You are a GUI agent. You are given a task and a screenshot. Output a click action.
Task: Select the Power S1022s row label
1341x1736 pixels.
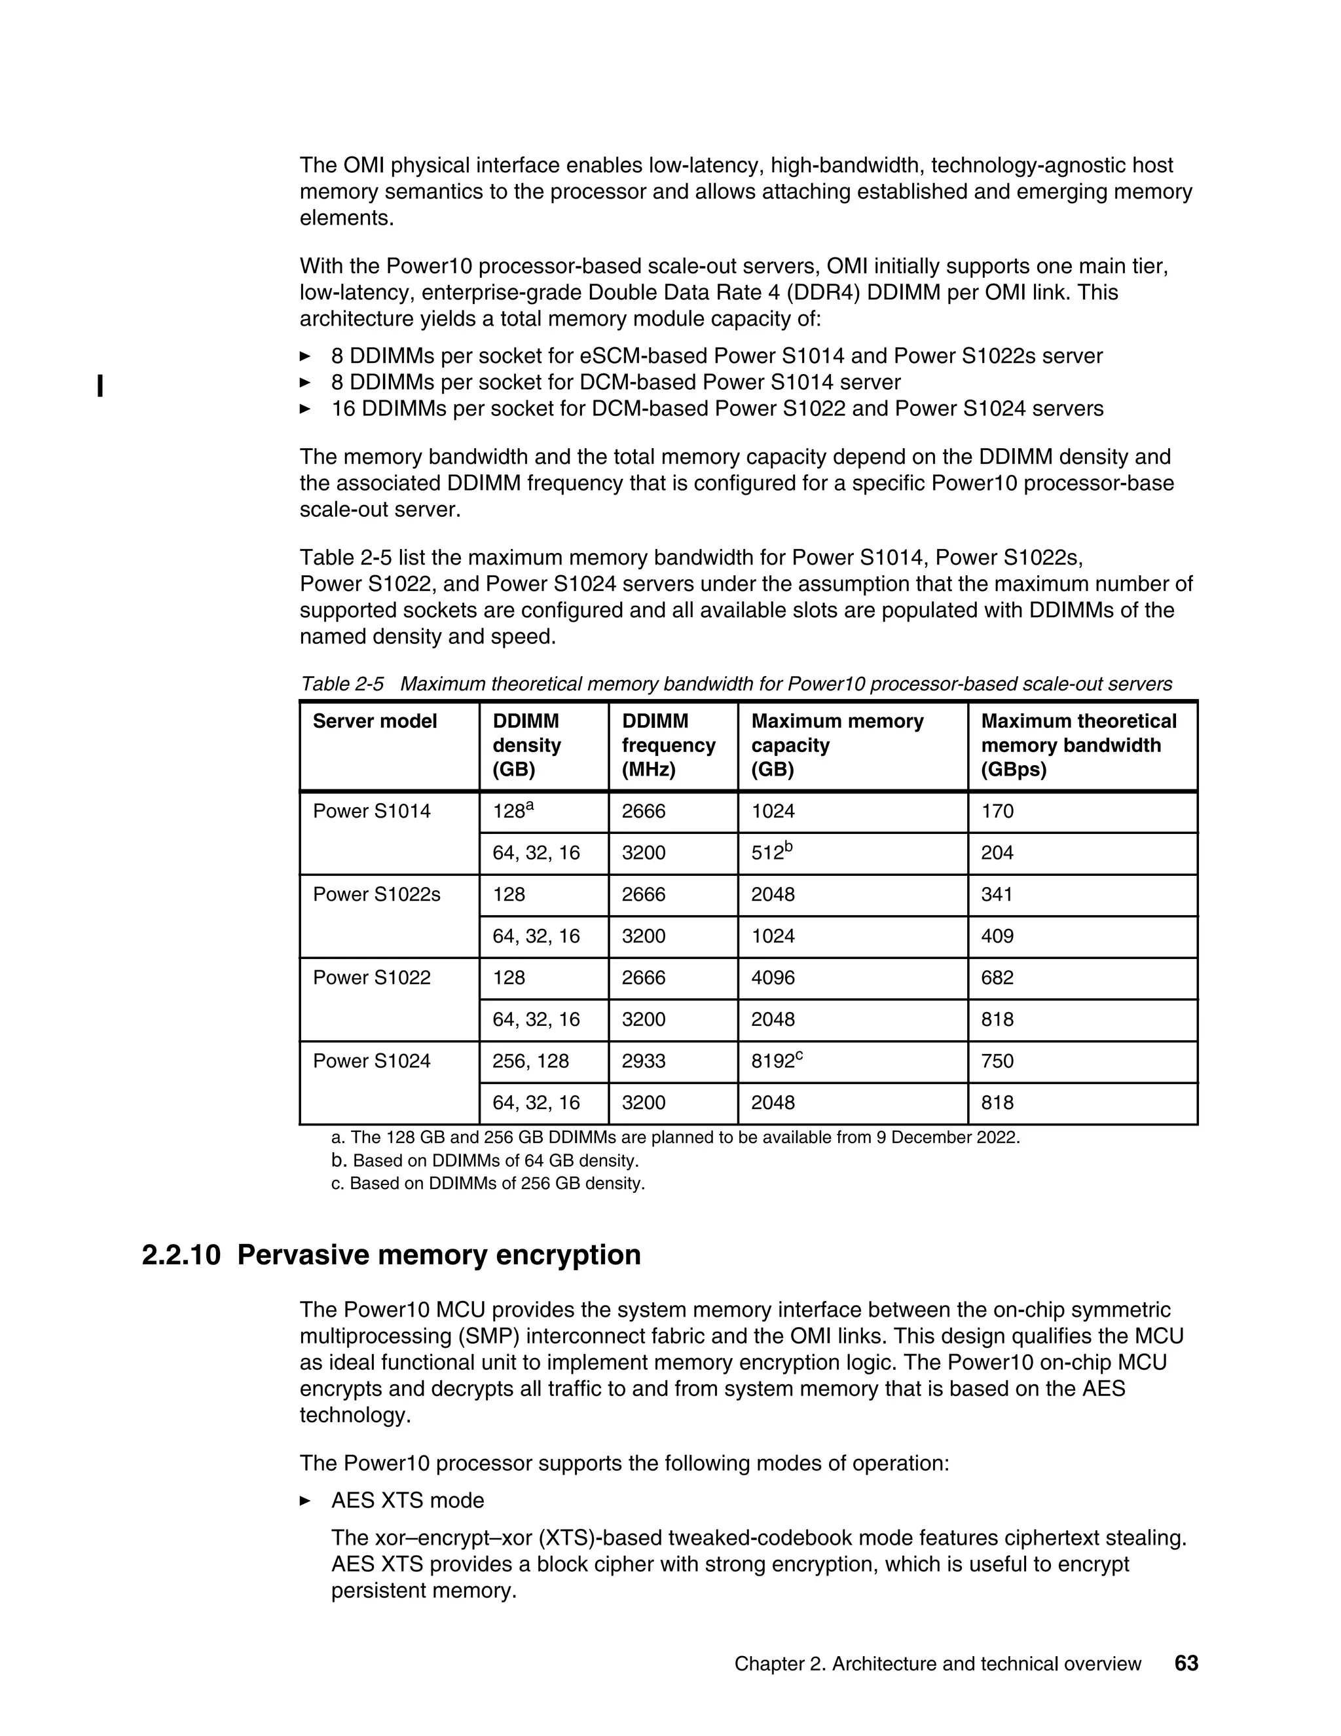[376, 894]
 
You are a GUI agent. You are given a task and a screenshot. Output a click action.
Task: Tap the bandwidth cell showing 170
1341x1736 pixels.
[997, 811]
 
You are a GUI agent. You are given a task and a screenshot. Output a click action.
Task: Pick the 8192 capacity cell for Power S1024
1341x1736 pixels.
[777, 1061]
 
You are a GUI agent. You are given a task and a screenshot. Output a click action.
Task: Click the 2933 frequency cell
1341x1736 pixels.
[644, 1061]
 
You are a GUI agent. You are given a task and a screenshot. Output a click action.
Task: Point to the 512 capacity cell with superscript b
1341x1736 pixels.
[771, 852]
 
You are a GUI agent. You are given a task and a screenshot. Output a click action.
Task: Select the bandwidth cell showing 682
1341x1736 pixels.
[997, 977]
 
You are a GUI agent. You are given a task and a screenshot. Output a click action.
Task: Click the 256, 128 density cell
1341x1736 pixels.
[530, 1061]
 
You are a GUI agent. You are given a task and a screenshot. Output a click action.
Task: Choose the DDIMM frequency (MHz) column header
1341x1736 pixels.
[668, 745]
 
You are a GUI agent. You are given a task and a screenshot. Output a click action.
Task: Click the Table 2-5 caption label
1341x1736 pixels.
[342, 685]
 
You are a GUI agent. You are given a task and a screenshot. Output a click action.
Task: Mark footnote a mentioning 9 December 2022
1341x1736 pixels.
[675, 1137]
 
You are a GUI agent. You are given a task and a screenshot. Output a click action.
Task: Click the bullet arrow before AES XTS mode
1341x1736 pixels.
[305, 1501]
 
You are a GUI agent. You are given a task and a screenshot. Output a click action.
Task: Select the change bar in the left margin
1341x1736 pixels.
[100, 387]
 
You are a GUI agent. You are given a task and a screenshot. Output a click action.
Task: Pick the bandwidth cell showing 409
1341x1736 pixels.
[997, 935]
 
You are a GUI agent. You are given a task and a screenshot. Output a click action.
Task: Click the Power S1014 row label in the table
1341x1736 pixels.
[371, 811]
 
